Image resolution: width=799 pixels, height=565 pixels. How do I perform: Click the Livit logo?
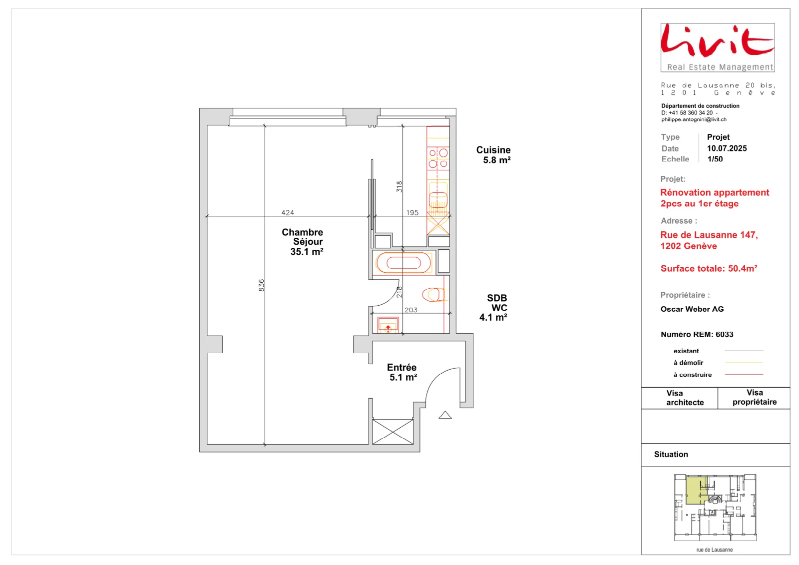pyautogui.click(x=717, y=47)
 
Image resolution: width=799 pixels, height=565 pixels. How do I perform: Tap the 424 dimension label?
pyautogui.click(x=288, y=213)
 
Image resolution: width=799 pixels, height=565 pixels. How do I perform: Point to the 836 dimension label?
pyautogui.click(x=262, y=285)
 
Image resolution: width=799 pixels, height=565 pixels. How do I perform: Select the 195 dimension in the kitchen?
pyautogui.click(x=412, y=213)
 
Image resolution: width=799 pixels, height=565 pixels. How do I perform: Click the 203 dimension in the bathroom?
pyautogui.click(x=411, y=310)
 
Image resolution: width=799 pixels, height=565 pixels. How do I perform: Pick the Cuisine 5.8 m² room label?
pyautogui.click(x=493, y=155)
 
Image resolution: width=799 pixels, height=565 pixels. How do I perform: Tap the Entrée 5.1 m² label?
pyautogui.click(x=402, y=372)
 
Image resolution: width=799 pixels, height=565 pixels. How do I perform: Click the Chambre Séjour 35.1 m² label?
pyautogui.click(x=303, y=242)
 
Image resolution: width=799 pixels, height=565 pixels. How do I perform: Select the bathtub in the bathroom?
pyautogui.click(x=404, y=263)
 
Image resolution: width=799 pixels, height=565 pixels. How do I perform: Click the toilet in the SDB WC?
pyautogui.click(x=434, y=295)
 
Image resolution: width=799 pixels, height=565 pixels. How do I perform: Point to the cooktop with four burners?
pyautogui.click(x=438, y=158)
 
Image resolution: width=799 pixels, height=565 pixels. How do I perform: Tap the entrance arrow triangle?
pyautogui.click(x=445, y=415)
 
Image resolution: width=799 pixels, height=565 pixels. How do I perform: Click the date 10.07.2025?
pyautogui.click(x=727, y=148)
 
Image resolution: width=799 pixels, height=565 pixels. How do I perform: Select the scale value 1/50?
pyautogui.click(x=715, y=159)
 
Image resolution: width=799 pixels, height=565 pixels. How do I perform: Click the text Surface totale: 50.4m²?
pyautogui.click(x=709, y=268)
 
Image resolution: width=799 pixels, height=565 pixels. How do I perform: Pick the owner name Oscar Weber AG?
pyautogui.click(x=692, y=309)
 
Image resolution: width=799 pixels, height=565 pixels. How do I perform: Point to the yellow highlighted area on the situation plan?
pyautogui.click(x=696, y=491)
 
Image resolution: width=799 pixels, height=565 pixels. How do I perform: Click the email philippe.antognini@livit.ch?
pyautogui.click(x=694, y=119)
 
